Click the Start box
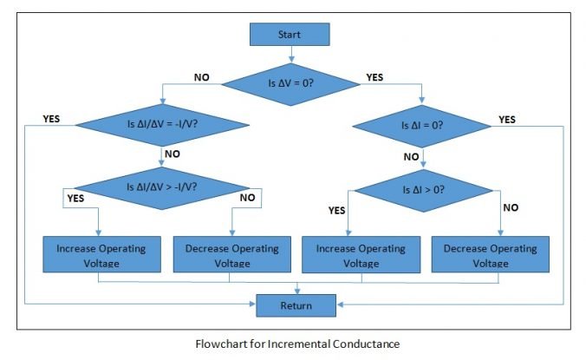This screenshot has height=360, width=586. pos(290,34)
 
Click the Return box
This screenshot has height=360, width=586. pos(296,304)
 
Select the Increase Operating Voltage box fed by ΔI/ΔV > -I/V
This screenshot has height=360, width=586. pos(101,254)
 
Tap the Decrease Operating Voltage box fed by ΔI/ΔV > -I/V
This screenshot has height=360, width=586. pos(231,254)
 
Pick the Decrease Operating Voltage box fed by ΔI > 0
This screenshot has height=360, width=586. pos(490,254)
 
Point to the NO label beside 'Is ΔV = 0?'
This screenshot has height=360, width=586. pos(201,77)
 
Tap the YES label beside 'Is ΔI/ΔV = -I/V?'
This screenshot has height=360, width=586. pos(51,119)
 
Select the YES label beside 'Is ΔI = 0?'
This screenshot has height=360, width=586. pos(507,119)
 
